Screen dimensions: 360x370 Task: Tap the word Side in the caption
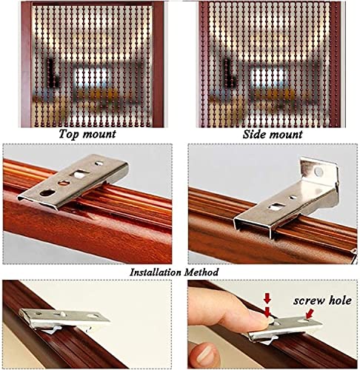tap(254, 135)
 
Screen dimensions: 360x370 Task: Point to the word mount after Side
tap(286, 135)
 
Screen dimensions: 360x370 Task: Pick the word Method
tap(201, 272)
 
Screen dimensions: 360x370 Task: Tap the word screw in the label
tap(309, 301)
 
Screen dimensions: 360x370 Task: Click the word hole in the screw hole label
tap(340, 300)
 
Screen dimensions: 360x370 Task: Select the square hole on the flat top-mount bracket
tap(79, 175)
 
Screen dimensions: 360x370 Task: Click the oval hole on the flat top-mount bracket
tap(48, 192)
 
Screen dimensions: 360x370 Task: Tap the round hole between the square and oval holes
tap(64, 183)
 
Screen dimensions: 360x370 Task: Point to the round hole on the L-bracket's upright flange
tap(319, 172)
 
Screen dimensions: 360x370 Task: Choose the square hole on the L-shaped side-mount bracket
tap(275, 206)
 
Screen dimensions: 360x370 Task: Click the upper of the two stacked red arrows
tap(267, 299)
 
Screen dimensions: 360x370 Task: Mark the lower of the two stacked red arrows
tap(267, 312)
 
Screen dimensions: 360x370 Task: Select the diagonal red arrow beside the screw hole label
tap(310, 314)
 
